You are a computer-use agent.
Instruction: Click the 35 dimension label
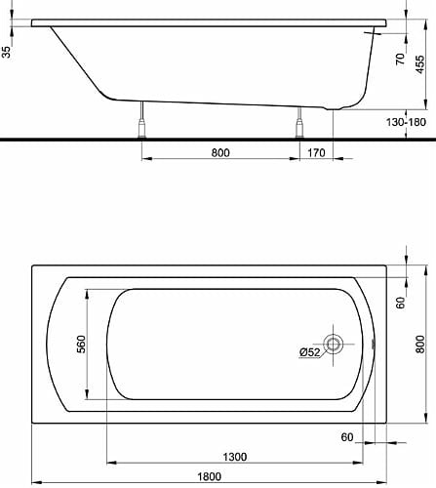click(8, 52)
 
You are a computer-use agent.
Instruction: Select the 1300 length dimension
click(233, 455)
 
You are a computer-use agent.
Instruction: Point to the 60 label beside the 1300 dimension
click(346, 436)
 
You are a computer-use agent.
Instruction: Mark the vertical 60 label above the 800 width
click(400, 304)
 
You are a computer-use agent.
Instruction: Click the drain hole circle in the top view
click(334, 344)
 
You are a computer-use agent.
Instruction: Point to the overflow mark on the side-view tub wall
click(373, 33)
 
